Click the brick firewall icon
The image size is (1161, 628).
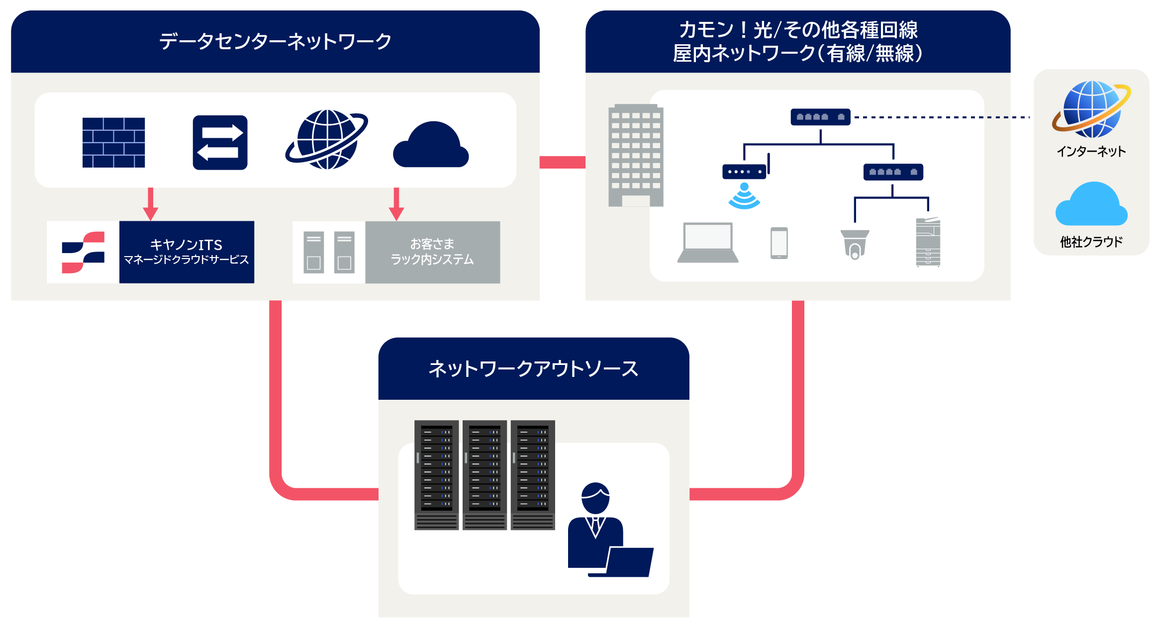(x=113, y=143)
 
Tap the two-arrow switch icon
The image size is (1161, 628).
(x=220, y=143)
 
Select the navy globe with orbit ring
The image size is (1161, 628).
(x=327, y=139)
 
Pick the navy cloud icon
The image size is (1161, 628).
(x=431, y=145)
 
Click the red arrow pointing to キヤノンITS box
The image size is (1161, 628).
(x=150, y=204)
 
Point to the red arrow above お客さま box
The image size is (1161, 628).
(x=396, y=204)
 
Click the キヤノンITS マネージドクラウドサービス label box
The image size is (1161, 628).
(x=187, y=252)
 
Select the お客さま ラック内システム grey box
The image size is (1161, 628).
(x=432, y=252)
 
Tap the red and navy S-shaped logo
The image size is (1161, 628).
(x=83, y=252)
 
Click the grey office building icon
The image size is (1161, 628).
(x=636, y=155)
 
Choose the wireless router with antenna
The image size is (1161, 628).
(x=745, y=170)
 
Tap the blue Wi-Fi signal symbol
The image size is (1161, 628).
(x=744, y=197)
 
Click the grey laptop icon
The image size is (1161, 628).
(x=708, y=243)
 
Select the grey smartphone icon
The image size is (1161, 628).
(x=779, y=243)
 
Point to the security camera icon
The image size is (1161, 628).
(x=855, y=244)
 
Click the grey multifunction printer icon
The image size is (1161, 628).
(x=928, y=242)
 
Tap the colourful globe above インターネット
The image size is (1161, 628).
(x=1091, y=109)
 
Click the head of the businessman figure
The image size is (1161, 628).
(x=595, y=498)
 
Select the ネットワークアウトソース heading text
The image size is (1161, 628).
(x=533, y=369)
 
